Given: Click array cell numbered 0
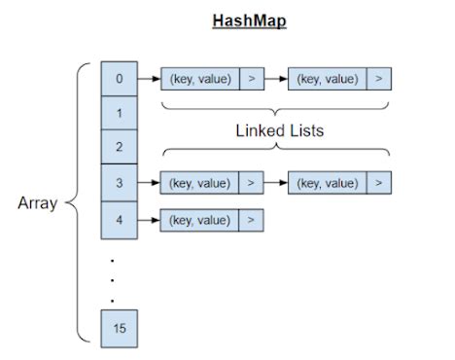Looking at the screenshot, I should pos(119,79).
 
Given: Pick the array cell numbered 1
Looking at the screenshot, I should pos(119,113).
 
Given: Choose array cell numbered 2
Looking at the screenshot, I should pos(119,147).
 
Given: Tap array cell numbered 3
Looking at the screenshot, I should pos(119,182).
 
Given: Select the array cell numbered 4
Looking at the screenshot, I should pos(119,219).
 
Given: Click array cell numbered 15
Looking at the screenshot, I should pos(119,328).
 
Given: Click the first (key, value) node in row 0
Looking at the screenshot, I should pos(200,79).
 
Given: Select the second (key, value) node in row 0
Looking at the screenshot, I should pos(328,79).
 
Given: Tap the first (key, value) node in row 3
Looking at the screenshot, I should pos(200,182).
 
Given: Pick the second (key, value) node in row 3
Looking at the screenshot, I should pos(328,182).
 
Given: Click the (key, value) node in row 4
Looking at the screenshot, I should pos(200,219).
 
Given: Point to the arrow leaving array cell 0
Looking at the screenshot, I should pos(148,79).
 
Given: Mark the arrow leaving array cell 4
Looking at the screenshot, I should pos(148,219).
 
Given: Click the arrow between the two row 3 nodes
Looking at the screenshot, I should pos(275,182).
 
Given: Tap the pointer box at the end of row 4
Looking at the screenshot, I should pos(251,219).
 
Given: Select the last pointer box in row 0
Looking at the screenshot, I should pos(379,79).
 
